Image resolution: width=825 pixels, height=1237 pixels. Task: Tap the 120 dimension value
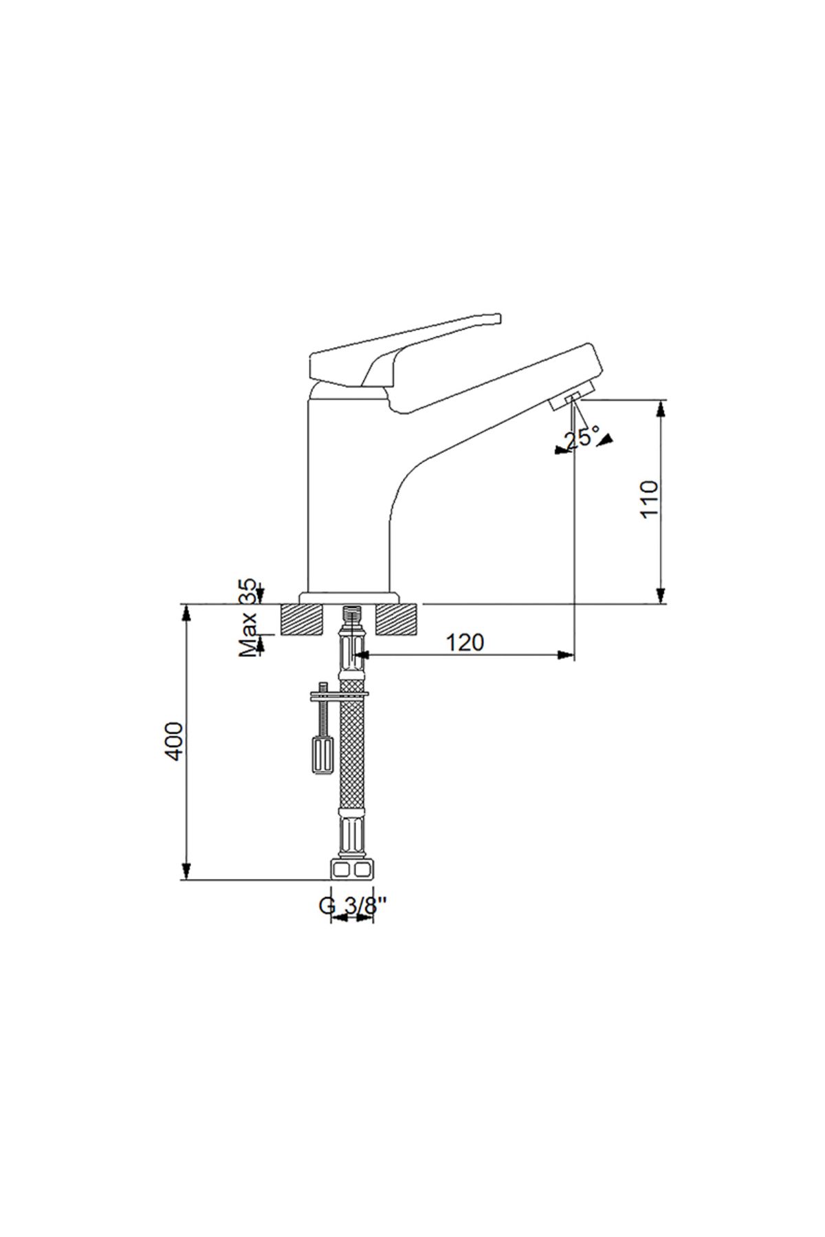coord(465,643)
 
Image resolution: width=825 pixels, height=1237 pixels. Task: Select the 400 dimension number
coord(175,741)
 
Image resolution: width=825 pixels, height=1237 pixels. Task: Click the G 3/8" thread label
coord(353,906)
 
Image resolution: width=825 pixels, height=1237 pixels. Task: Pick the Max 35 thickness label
coord(248,618)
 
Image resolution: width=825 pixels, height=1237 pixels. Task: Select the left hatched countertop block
coord(302,620)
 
